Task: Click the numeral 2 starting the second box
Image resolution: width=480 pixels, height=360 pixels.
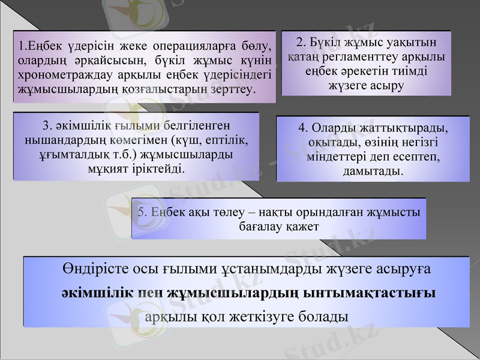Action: pos(300,43)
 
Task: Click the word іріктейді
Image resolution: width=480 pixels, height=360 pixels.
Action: pos(159,169)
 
